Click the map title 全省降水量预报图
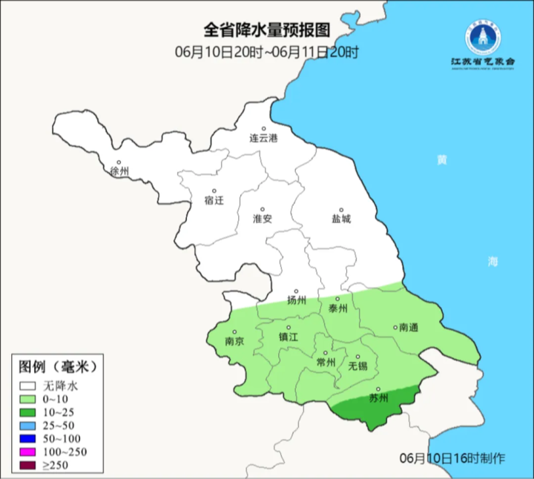point(266,30)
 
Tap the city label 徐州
point(119,171)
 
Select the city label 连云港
point(263,139)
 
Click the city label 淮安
point(263,219)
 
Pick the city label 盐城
point(341,219)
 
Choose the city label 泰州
point(337,308)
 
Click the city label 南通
point(409,327)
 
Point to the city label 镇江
point(288,336)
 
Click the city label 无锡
point(357,366)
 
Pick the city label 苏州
point(378,397)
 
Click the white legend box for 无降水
point(29,386)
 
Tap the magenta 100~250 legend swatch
point(29,452)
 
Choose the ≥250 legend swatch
point(29,466)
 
